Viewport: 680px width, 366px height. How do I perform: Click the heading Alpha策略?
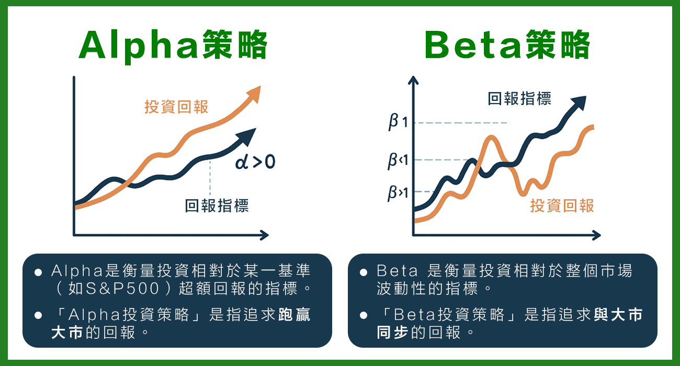[173, 46]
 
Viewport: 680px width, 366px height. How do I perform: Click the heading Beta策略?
[507, 46]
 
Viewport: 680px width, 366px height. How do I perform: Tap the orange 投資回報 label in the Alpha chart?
[176, 107]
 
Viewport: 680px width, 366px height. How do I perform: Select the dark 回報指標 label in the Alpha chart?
[217, 205]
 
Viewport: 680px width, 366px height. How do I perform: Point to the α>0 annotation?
[255, 162]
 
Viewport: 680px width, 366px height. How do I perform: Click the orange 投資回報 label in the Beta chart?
[562, 205]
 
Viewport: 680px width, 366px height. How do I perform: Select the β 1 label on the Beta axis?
[398, 122]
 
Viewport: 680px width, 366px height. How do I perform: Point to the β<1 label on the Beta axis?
[398, 160]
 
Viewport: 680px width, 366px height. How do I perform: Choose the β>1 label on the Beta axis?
[398, 192]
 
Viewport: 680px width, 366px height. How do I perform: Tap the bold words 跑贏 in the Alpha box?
[293, 315]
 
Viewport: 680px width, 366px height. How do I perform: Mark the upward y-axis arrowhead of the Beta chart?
[413, 81]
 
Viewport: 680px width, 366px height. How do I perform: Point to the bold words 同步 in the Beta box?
[393, 333]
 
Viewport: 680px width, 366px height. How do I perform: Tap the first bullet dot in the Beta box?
[363, 273]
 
